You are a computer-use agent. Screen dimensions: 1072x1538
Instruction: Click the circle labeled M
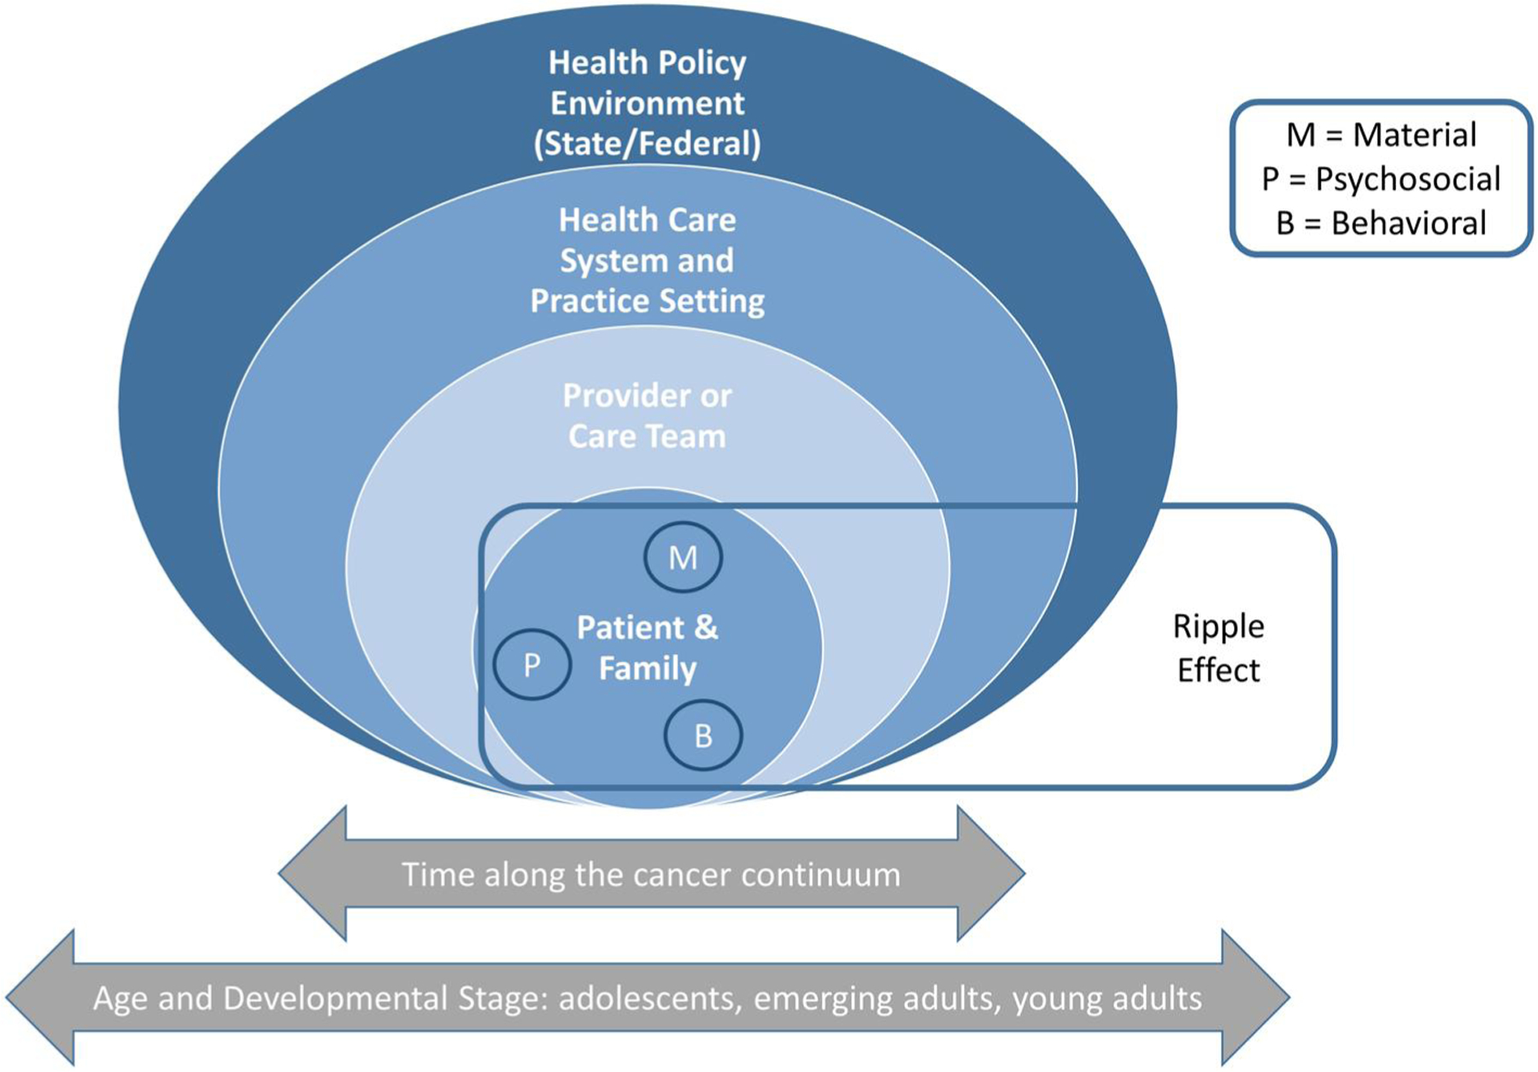point(683,557)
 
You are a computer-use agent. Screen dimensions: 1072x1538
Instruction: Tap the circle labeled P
point(531,664)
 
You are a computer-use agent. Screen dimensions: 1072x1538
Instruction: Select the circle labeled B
point(703,735)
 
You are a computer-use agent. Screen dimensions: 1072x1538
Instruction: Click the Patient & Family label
point(647,647)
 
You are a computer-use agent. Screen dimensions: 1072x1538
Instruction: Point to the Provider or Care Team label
point(647,415)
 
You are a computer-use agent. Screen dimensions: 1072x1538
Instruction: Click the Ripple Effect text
point(1218,648)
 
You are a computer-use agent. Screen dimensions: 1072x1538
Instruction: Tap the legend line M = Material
point(1381,134)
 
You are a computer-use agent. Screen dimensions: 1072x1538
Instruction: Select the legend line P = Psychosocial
point(1381,179)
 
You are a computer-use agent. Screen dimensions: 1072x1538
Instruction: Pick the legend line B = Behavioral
point(1381,223)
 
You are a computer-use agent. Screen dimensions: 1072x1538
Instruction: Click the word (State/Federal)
point(647,143)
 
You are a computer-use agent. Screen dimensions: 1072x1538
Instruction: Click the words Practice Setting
point(647,301)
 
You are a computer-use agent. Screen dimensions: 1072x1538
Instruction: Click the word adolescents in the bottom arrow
point(649,998)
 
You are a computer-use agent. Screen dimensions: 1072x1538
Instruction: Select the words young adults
point(1107,998)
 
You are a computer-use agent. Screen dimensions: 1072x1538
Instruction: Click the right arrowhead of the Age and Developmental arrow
point(1255,998)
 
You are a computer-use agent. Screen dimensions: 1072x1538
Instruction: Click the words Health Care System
point(647,240)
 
